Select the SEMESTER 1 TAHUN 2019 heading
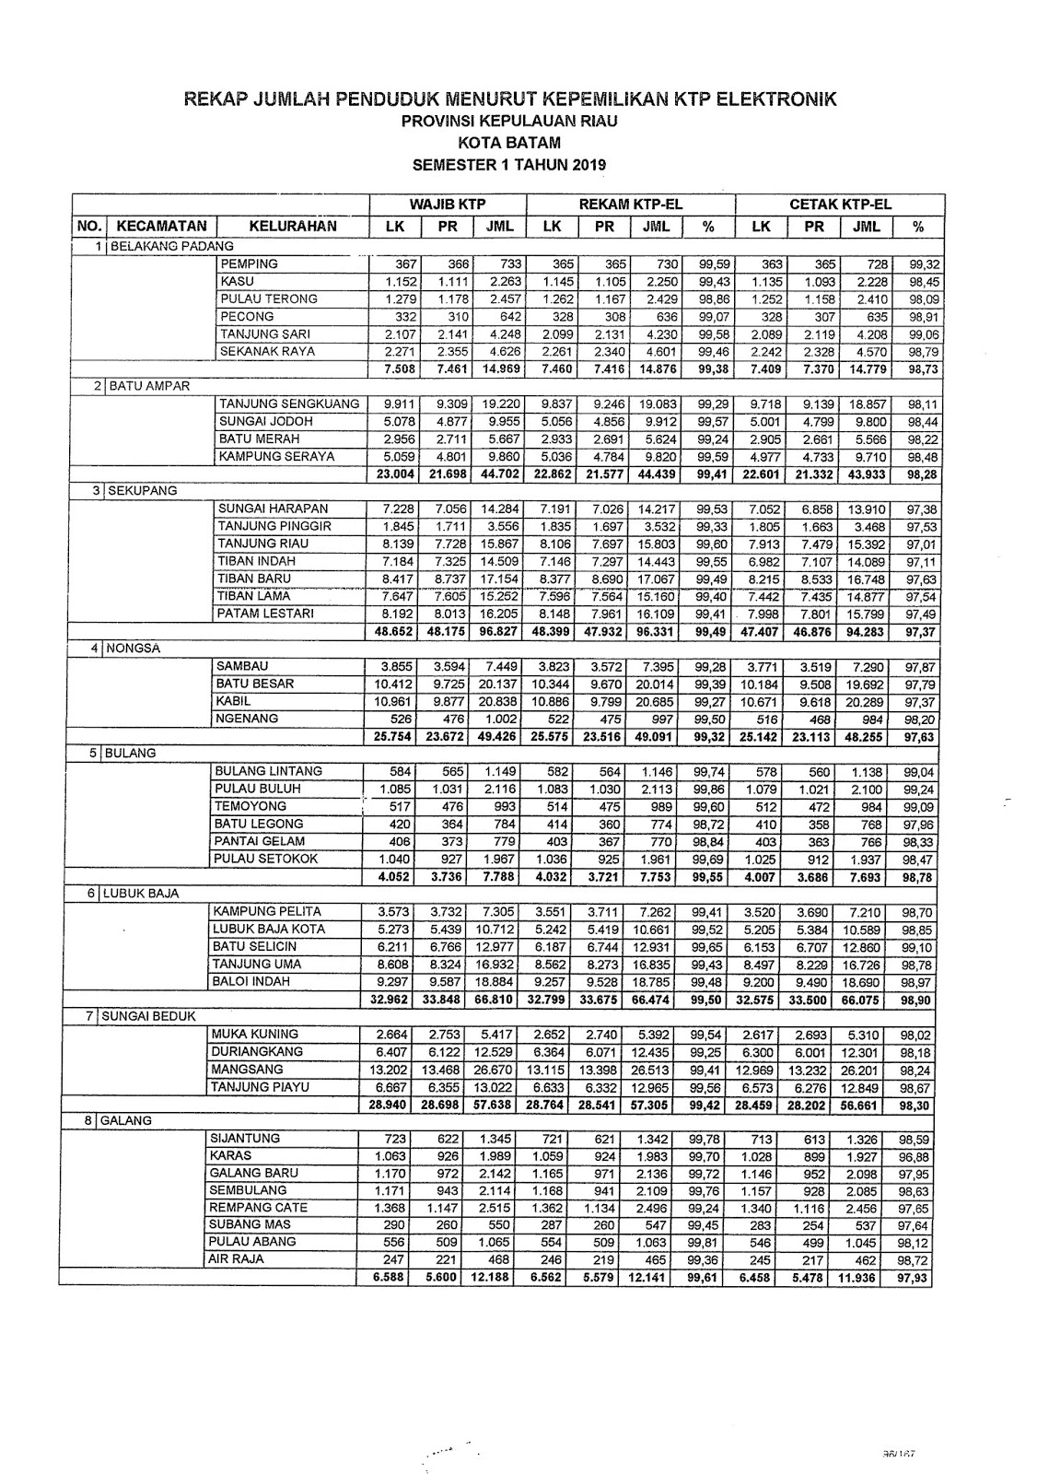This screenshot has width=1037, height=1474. (509, 165)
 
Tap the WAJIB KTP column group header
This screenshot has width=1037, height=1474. (448, 205)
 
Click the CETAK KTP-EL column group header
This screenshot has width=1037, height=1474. (841, 205)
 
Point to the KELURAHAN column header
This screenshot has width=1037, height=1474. (293, 226)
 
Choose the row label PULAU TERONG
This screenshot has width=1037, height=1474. (268, 298)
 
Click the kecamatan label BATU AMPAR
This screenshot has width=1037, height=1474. (149, 386)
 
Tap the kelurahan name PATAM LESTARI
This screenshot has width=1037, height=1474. (265, 614)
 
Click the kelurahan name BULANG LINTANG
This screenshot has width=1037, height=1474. (268, 771)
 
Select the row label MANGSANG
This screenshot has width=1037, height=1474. (247, 1070)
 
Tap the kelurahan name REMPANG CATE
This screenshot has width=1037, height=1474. (258, 1207)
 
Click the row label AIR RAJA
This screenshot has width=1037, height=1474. (237, 1258)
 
